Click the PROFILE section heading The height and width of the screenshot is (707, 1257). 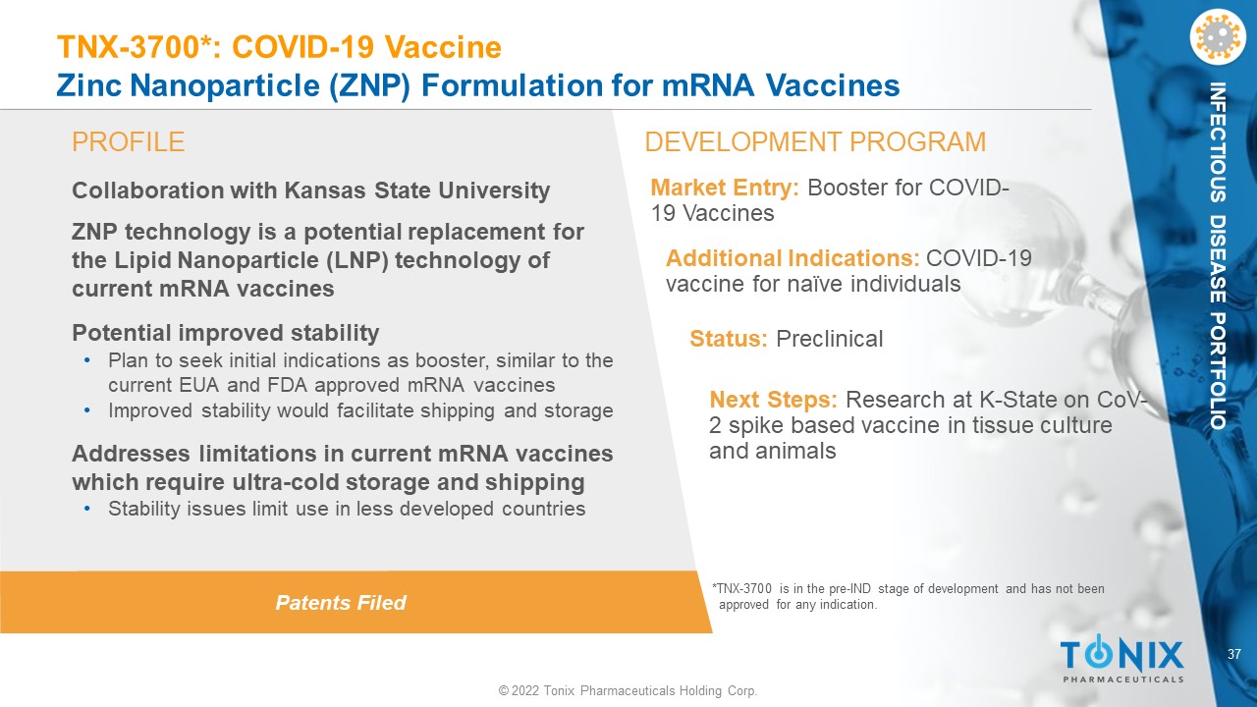[x=128, y=142]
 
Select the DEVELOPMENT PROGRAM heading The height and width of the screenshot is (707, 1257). [x=815, y=142]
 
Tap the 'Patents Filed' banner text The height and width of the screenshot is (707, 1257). [x=341, y=603]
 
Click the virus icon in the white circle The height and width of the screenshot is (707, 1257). [x=1217, y=37]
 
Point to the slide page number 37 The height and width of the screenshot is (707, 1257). [x=1234, y=654]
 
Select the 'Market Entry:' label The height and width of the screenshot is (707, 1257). [x=725, y=188]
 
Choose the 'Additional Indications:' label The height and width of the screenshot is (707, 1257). [x=792, y=258]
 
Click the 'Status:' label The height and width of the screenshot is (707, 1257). [x=729, y=339]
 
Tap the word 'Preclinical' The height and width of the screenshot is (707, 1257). [x=830, y=339]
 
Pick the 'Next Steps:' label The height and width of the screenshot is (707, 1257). [x=773, y=400]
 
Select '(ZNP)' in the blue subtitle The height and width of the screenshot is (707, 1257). [x=370, y=85]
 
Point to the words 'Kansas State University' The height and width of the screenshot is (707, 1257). [x=417, y=190]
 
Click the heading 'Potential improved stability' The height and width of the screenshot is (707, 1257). [x=226, y=333]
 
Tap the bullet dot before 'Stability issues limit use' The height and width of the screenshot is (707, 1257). [x=87, y=509]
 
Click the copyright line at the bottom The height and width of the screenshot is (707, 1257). [x=628, y=690]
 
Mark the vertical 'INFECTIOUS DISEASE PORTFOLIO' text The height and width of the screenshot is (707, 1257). [x=1217, y=256]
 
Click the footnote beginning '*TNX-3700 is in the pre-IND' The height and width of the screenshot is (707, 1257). [x=908, y=596]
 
